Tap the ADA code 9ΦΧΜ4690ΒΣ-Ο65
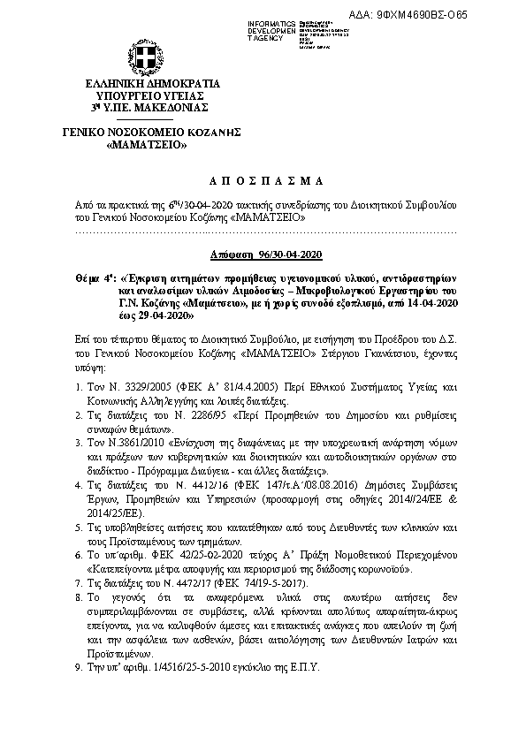(461, 15)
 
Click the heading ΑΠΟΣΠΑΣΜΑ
(263, 181)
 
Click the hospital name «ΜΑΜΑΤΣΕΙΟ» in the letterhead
(145, 143)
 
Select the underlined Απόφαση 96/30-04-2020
(263, 254)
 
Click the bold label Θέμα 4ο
(95, 276)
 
